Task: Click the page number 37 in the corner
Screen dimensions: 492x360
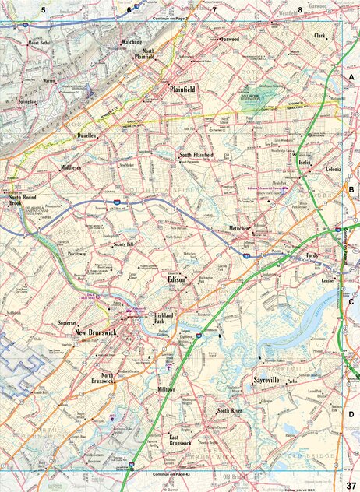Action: [x=351, y=485]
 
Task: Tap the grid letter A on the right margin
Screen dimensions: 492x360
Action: [x=351, y=79]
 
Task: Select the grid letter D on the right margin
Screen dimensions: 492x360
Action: [x=351, y=414]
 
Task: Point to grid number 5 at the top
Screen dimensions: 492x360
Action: [x=44, y=9]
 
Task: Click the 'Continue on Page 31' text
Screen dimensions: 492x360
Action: [x=171, y=16]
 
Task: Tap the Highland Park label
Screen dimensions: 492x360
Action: [x=164, y=317]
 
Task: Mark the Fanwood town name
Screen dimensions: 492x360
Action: [x=229, y=38]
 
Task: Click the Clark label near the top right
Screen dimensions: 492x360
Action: [x=319, y=36]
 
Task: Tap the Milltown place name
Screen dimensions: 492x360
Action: [x=166, y=388]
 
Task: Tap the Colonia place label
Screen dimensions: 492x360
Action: [x=334, y=169]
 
